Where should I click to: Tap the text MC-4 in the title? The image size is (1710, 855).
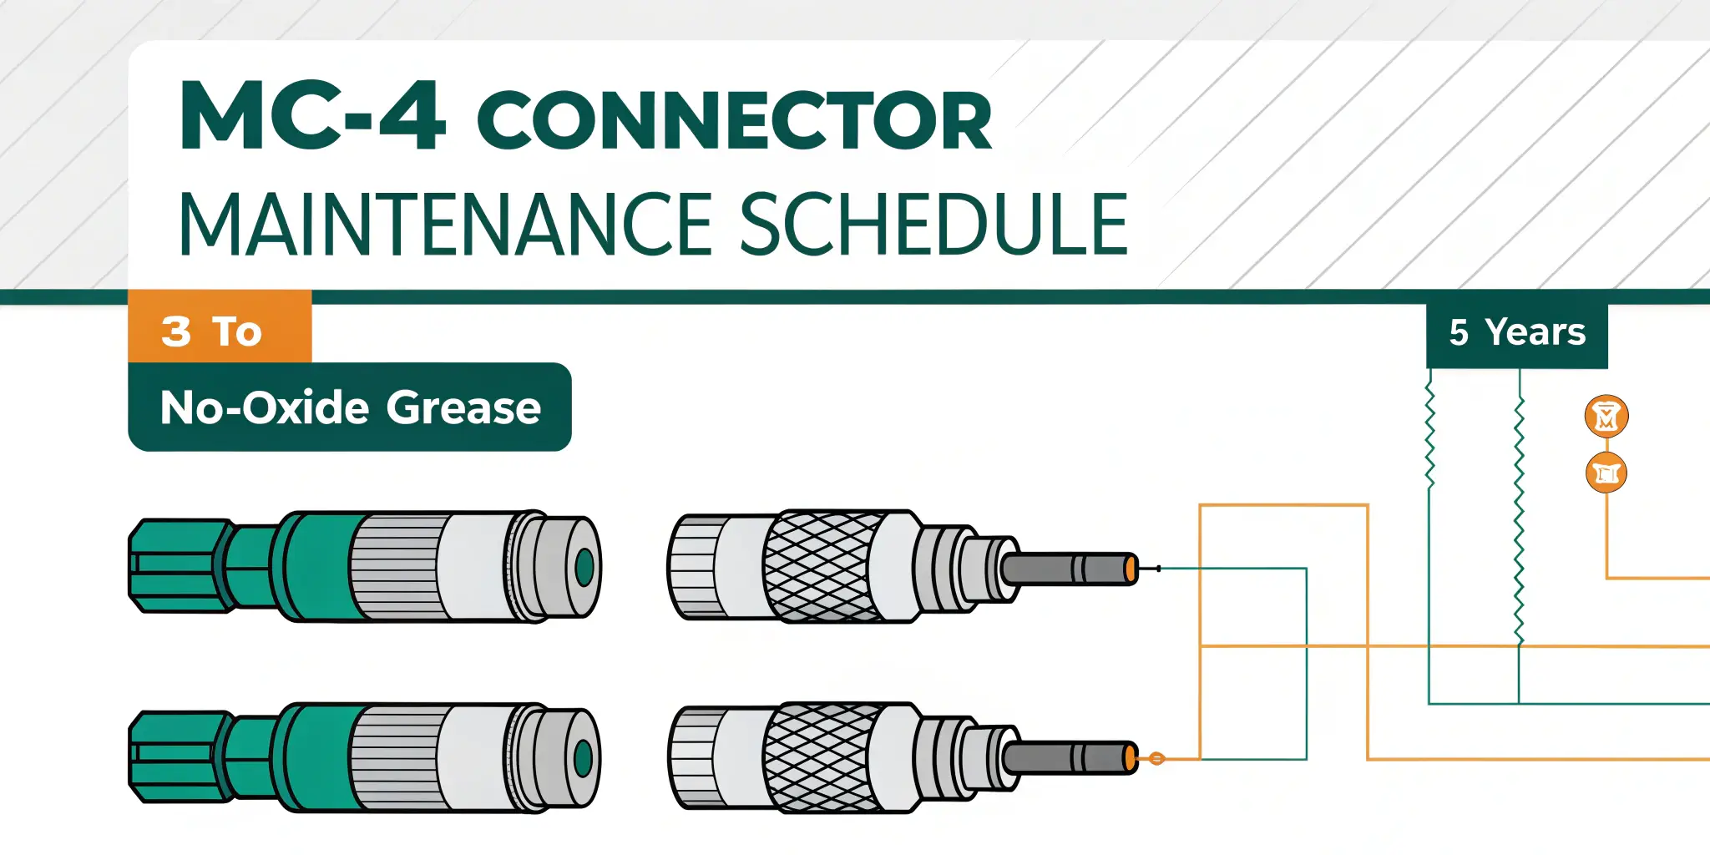tap(312, 117)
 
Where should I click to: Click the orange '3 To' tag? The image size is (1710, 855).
tap(219, 331)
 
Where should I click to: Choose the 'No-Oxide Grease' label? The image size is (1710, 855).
tap(350, 407)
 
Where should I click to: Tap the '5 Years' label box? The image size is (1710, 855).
tap(1516, 332)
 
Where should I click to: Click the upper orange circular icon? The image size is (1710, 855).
tap(1606, 416)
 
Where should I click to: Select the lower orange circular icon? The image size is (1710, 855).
tap(1606, 473)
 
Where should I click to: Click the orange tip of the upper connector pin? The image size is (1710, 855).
tap(1131, 569)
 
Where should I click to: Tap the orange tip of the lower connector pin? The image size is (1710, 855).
tap(1131, 759)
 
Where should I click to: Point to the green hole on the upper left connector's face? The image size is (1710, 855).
tap(584, 567)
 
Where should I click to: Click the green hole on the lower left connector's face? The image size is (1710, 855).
tap(583, 759)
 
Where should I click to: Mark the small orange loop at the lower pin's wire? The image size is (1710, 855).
tap(1156, 759)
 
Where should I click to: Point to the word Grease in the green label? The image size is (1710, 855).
tap(463, 407)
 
